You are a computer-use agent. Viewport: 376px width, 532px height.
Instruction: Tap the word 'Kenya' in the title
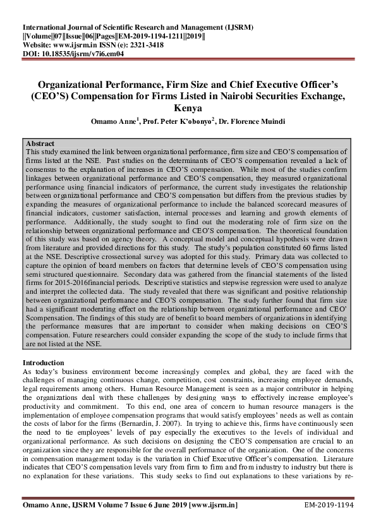click(188, 108)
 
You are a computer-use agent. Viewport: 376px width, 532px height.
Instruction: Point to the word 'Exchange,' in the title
click(322, 95)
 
